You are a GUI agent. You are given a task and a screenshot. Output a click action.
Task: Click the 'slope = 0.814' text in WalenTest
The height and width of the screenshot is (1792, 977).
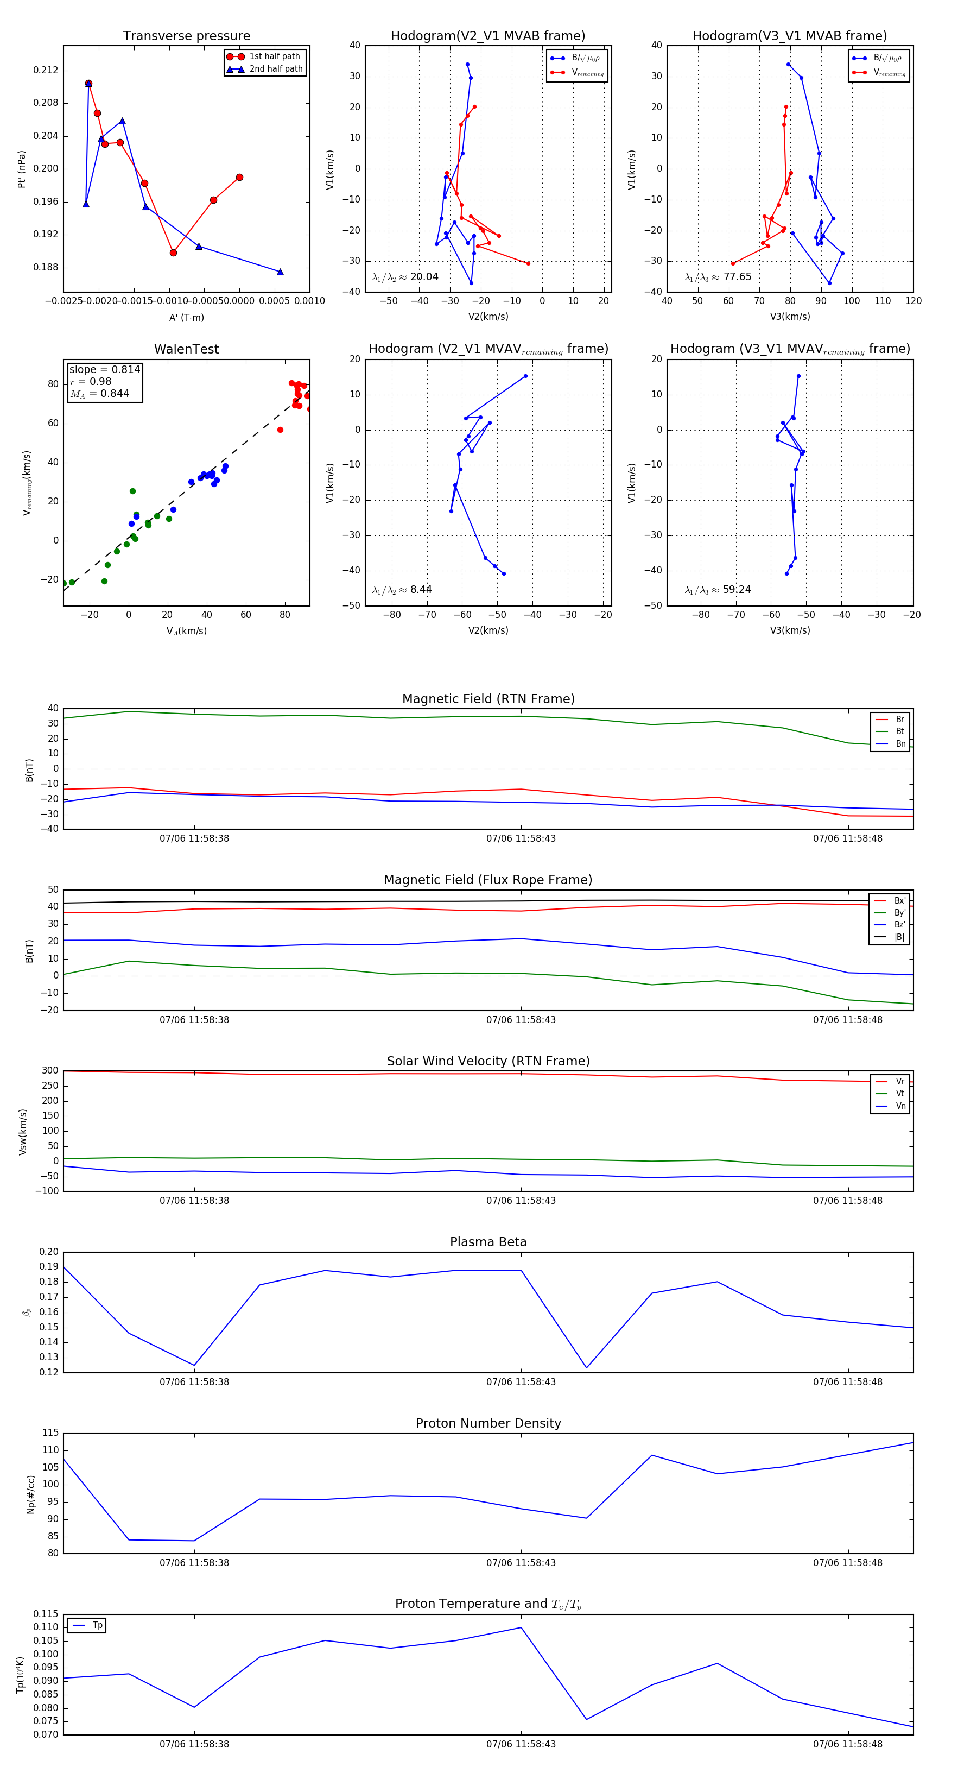pos(104,369)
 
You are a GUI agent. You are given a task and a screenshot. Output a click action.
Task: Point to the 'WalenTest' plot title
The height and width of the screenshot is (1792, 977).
pos(186,349)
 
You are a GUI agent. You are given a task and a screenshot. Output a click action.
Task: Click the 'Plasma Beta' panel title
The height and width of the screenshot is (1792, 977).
pos(488,1242)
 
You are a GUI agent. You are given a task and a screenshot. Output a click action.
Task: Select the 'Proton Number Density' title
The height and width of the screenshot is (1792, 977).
pos(488,1423)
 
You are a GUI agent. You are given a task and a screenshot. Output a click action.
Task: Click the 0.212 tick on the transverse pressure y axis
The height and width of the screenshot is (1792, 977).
pos(45,70)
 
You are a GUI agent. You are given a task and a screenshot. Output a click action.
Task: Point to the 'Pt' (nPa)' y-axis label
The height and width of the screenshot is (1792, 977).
pos(22,169)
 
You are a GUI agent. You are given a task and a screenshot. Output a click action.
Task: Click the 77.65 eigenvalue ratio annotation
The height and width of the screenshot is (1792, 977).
pos(737,277)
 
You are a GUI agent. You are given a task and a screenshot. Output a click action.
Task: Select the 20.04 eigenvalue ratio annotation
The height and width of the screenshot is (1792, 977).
pos(424,277)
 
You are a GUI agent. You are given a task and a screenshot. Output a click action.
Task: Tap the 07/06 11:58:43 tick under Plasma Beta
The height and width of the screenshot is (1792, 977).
pos(521,1381)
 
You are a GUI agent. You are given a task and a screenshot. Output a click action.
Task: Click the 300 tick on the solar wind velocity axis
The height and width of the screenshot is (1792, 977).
pos(50,1071)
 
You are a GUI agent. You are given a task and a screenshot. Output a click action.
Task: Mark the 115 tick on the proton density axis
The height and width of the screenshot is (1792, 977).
pos(50,1433)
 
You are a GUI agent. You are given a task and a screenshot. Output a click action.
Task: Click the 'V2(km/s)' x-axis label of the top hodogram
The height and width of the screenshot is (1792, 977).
pos(488,317)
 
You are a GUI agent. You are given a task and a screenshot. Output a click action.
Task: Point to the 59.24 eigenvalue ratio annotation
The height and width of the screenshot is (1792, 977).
pos(737,589)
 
